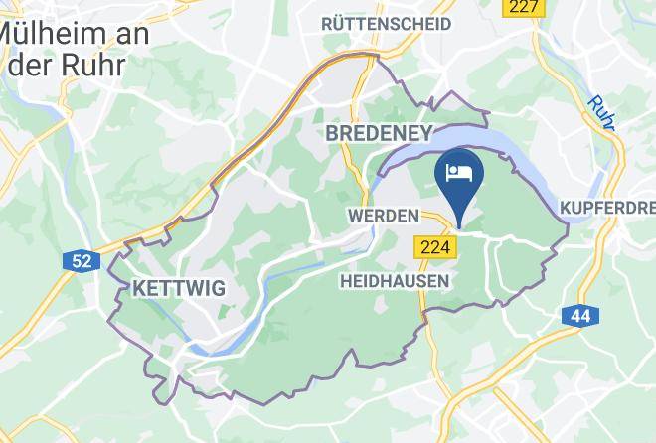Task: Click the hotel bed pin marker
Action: pos(459,178)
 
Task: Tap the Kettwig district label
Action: pos(179,288)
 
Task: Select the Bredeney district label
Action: pos(379,133)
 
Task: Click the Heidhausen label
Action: pos(394,281)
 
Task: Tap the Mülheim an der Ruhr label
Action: pos(75,50)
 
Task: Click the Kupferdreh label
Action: pos(606,207)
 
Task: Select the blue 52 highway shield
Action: pos(82,261)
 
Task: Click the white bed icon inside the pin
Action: pos(459,171)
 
